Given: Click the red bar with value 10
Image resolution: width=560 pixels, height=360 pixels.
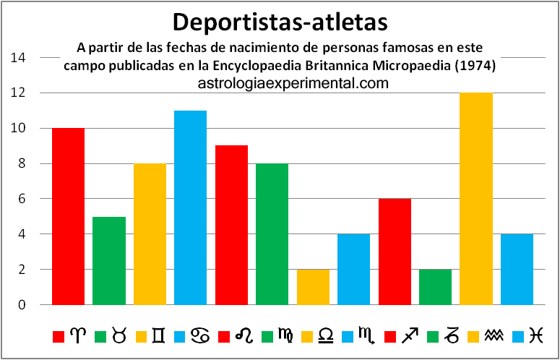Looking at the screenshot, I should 68,216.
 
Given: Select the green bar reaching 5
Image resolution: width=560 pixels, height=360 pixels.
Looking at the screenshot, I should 108,260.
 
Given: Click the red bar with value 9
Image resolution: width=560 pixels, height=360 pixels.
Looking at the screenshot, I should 231,225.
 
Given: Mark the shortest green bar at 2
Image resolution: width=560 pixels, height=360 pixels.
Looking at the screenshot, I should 435,287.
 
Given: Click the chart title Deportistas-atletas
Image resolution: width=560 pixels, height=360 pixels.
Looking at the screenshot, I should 281,21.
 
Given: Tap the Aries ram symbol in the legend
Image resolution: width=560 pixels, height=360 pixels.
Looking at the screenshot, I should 76,335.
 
